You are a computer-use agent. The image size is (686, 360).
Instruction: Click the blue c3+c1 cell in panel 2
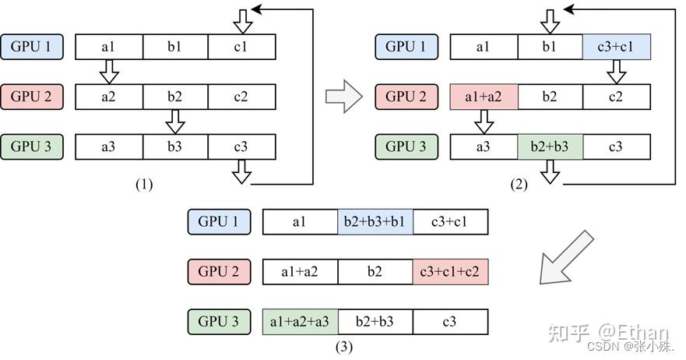(617, 47)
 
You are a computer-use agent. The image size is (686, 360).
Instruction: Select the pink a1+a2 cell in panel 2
(484, 97)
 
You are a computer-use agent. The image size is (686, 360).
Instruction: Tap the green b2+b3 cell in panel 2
(550, 146)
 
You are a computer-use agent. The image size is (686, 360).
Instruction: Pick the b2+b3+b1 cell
(375, 221)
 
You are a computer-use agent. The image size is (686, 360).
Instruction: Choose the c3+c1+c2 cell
(450, 272)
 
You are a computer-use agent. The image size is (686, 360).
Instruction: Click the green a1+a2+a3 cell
(300, 322)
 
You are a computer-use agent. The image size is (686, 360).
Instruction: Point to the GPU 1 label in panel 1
(31, 47)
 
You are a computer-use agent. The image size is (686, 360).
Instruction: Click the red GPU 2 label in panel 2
(406, 97)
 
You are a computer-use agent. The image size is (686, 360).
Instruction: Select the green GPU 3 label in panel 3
(219, 322)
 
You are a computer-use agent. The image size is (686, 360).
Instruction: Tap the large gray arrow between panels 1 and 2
(344, 97)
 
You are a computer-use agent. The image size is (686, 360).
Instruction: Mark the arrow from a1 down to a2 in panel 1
(109, 72)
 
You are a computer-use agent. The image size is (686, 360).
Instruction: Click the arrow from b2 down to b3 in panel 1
(175, 122)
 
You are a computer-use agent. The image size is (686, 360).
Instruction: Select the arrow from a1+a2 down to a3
(484, 122)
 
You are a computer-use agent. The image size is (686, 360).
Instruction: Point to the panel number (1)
(144, 185)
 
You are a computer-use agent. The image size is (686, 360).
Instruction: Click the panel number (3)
(344, 348)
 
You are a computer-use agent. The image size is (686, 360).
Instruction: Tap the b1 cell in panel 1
(175, 47)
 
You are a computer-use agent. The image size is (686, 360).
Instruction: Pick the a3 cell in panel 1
(109, 146)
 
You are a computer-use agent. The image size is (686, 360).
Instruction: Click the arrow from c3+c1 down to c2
(617, 72)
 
